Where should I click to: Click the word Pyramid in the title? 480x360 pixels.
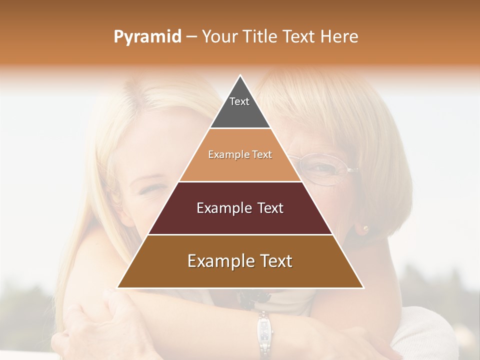147,37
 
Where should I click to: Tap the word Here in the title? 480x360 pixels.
339,37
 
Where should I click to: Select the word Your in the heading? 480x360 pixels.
218,37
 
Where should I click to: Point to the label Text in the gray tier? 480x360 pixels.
239,101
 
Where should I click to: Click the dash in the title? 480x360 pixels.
191,37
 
